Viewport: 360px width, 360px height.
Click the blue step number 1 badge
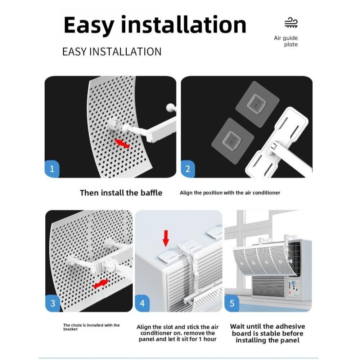click(52, 169)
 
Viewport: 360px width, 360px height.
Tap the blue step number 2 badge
click(188, 169)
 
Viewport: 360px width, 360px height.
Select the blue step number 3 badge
click(53, 303)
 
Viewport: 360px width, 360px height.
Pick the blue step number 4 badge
click(142, 303)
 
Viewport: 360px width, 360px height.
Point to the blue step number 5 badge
click(232, 303)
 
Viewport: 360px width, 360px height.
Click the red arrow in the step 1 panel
click(122, 144)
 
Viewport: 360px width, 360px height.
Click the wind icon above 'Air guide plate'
click(291, 22)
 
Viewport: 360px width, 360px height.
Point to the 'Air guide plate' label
click(286, 41)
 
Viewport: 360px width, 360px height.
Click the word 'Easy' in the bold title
click(89, 25)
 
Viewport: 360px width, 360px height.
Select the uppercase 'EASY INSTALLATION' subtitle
click(112, 51)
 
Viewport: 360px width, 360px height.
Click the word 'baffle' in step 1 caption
click(151, 193)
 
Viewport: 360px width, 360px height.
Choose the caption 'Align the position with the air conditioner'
click(230, 193)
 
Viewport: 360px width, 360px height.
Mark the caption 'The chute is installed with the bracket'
click(91, 327)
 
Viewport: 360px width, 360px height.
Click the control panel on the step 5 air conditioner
click(292, 288)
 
